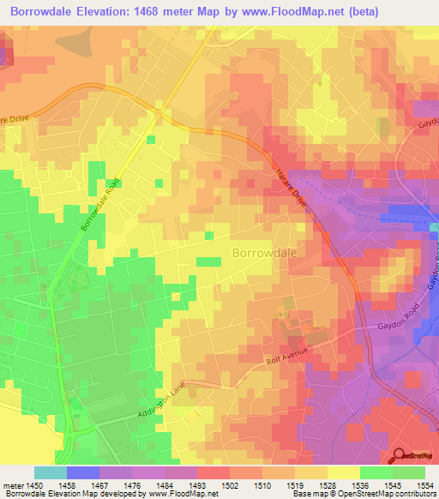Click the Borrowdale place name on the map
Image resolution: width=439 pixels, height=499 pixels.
265,253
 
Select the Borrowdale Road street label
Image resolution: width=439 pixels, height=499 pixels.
98,208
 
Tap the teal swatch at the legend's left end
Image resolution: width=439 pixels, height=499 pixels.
51,472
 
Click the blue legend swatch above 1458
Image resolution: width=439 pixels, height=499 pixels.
83,472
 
